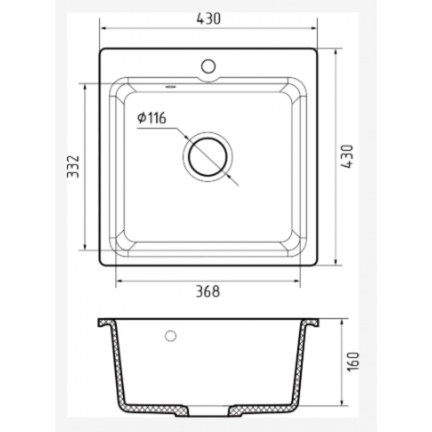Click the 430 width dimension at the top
(x=208, y=18)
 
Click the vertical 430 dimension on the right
(x=347, y=156)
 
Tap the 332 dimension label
(x=73, y=167)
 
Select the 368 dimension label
(x=208, y=291)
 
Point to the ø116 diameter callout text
(x=152, y=118)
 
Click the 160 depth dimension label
(x=354, y=362)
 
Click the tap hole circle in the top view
(x=208, y=66)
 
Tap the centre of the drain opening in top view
(x=208, y=157)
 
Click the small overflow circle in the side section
(x=171, y=336)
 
